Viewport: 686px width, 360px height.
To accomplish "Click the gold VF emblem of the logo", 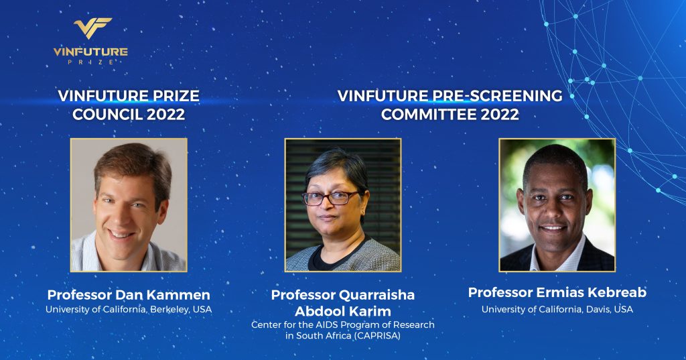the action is [x=92, y=28].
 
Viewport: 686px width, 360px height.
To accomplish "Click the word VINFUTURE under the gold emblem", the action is [x=90, y=52].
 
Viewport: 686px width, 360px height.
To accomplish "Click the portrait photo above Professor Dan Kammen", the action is [x=129, y=205].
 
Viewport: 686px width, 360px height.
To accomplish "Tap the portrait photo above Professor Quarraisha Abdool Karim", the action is [x=343, y=205].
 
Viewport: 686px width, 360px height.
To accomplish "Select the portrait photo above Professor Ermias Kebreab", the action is [x=557, y=205].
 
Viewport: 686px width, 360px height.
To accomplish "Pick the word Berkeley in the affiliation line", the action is [x=170, y=310].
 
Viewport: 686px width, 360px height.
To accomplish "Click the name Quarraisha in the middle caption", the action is [x=377, y=295].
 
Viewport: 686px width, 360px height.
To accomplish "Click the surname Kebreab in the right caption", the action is [x=618, y=292].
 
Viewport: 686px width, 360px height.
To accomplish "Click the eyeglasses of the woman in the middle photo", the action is [x=331, y=198].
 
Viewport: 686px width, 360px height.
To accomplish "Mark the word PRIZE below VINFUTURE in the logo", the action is [x=90, y=62].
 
